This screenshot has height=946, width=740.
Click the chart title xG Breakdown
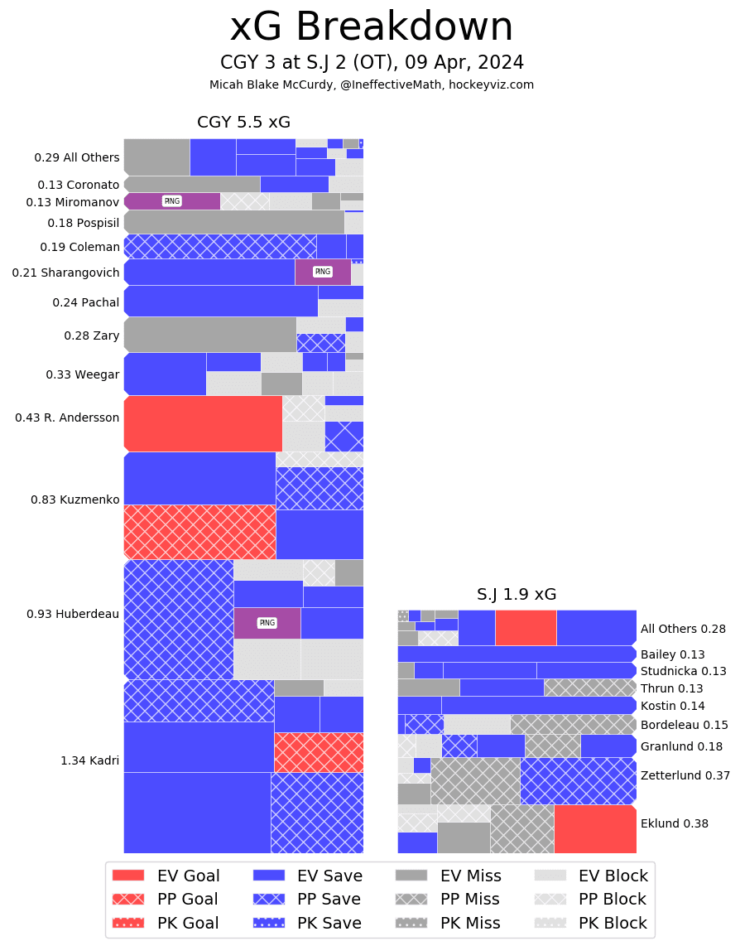pyautogui.click(x=371, y=27)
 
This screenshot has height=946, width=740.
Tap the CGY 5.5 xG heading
pyautogui.click(x=243, y=123)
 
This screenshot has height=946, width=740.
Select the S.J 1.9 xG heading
pyautogui.click(x=517, y=594)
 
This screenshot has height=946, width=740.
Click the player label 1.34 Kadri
pyautogui.click(x=89, y=760)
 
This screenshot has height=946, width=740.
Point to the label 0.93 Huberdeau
pyautogui.click(x=73, y=614)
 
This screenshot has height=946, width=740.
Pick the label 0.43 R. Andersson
pyautogui.click(x=67, y=417)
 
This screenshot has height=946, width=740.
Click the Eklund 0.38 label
pyautogui.click(x=674, y=823)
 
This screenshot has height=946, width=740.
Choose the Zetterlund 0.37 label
pyautogui.click(x=685, y=775)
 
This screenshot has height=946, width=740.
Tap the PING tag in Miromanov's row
pyautogui.click(x=172, y=201)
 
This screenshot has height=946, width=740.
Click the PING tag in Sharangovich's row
pyautogui.click(x=323, y=272)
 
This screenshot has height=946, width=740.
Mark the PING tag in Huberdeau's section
pyautogui.click(x=267, y=623)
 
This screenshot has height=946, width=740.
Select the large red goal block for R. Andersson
pyautogui.click(x=203, y=423)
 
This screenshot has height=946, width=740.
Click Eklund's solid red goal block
pyautogui.click(x=594, y=828)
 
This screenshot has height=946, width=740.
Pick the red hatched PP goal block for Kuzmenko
pyautogui.click(x=199, y=532)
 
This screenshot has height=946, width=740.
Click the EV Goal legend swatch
pyautogui.click(x=127, y=876)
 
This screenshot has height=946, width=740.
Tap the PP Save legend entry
pyautogui.click(x=305, y=899)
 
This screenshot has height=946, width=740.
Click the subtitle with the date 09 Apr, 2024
pyautogui.click(x=372, y=63)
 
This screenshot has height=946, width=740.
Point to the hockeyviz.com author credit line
pyautogui.click(x=372, y=84)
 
